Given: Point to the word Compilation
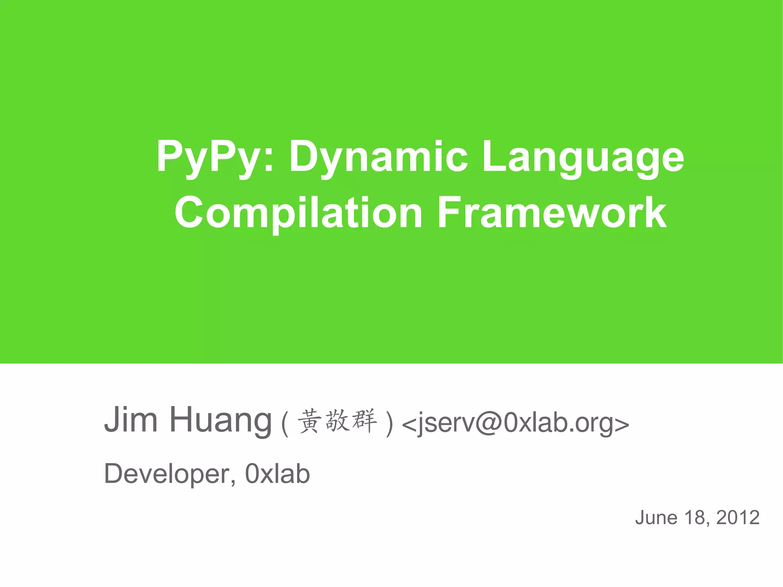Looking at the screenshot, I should click(x=298, y=213).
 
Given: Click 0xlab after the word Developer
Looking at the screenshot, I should click(x=277, y=474).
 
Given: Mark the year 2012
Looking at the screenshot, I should click(x=738, y=518).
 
